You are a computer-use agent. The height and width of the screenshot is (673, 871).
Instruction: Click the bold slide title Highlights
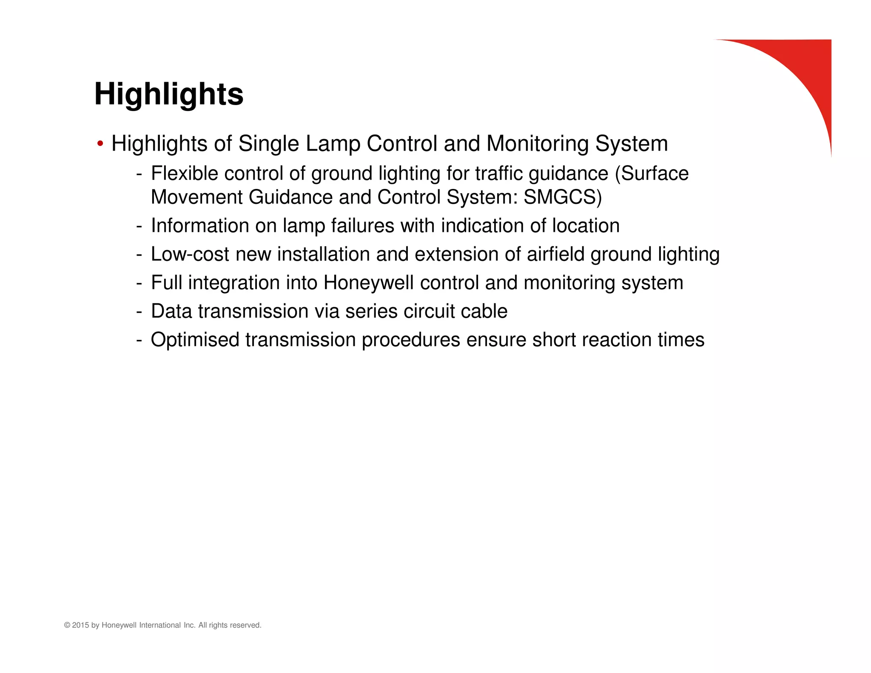[x=169, y=94]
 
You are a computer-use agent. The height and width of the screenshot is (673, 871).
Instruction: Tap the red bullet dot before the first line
[x=100, y=144]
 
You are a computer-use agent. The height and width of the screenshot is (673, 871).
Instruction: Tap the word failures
[x=362, y=226]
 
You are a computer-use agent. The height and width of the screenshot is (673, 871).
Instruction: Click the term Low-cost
[x=190, y=254]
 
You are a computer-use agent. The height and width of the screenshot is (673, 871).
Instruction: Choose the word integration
[x=233, y=283]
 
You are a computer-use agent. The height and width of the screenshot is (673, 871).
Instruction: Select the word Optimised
[x=195, y=340]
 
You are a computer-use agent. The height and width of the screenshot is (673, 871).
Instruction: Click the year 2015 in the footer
[x=80, y=625]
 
